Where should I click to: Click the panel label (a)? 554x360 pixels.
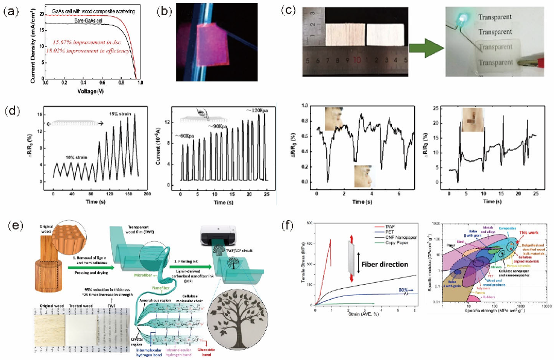13,11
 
